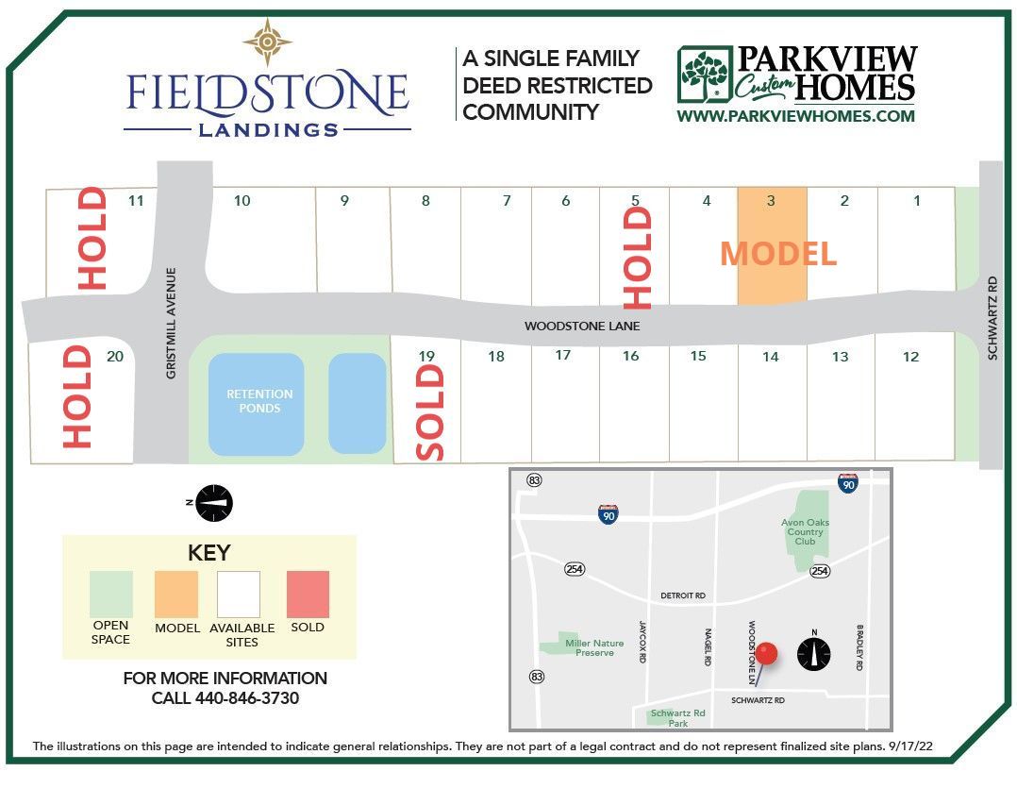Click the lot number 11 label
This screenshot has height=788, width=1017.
(136, 200)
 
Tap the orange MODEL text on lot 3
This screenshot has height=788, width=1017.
(778, 254)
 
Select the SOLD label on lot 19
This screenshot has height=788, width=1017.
(429, 411)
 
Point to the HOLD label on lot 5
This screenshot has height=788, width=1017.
(638, 258)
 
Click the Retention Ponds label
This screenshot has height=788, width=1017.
(259, 401)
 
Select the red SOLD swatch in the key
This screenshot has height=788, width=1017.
(308, 594)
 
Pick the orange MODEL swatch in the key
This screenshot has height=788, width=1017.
(176, 594)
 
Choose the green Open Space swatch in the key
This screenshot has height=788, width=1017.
(111, 594)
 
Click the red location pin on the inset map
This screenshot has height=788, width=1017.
(767, 652)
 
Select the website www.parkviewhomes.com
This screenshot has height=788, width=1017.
(795, 116)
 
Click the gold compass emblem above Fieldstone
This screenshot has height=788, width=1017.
(268, 42)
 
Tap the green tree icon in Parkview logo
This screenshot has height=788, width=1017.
(704, 74)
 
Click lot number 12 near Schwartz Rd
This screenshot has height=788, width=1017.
(910, 357)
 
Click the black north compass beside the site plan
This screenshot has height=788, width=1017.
(216, 503)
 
